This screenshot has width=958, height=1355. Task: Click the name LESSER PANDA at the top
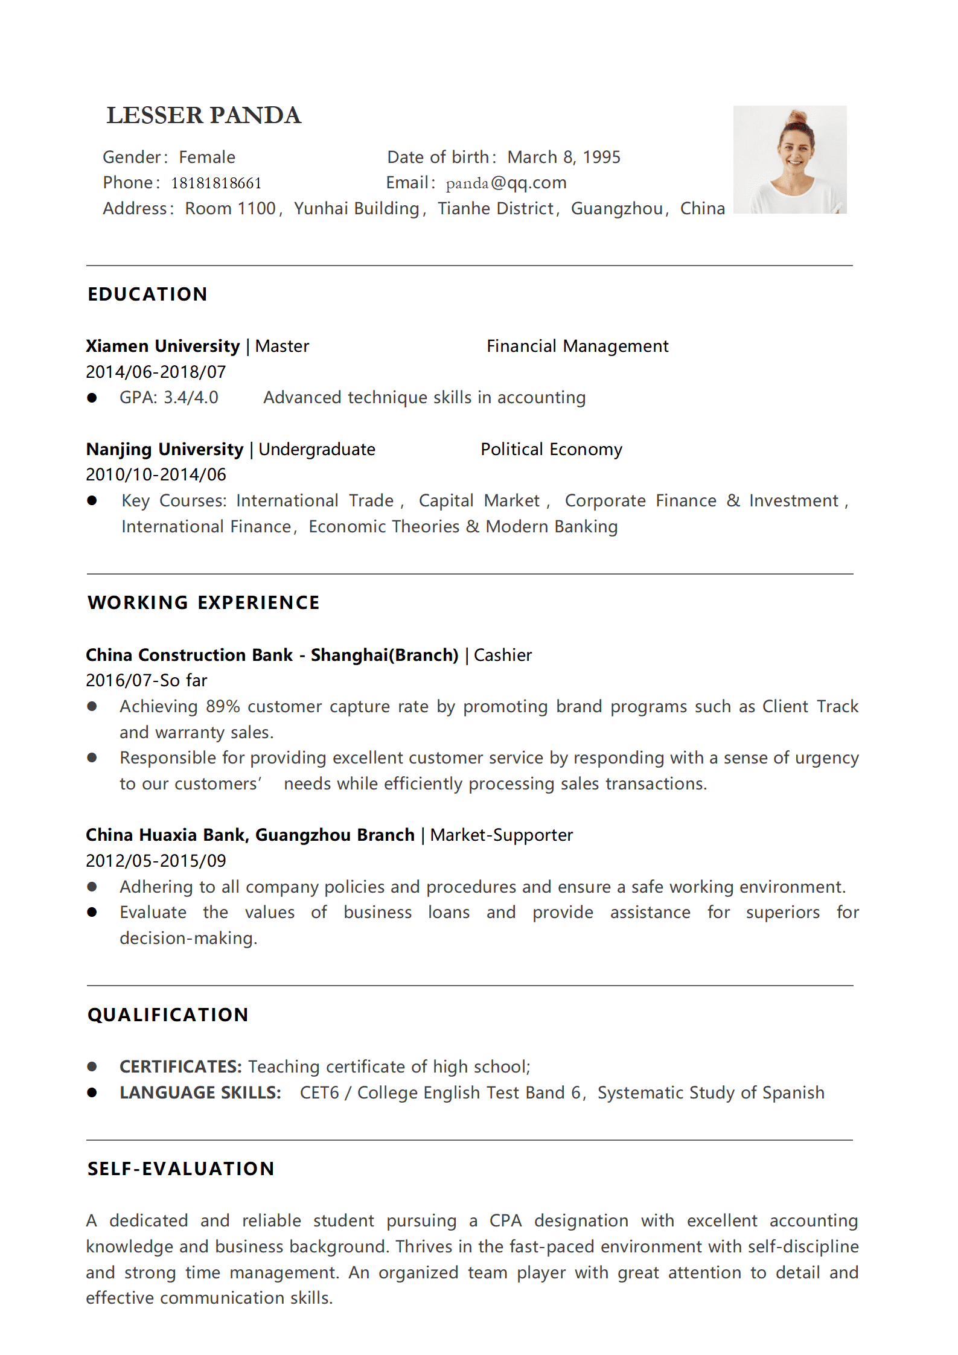click(x=203, y=115)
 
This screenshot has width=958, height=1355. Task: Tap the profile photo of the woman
click(x=790, y=160)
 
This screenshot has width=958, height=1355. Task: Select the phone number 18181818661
click(x=216, y=183)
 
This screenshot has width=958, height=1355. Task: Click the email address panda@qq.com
click(x=506, y=183)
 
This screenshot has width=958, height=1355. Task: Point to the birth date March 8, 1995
click(x=564, y=158)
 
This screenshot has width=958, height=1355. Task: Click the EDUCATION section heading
click(x=147, y=294)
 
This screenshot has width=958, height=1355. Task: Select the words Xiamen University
click(x=163, y=346)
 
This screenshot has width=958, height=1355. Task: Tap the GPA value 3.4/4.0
click(x=191, y=398)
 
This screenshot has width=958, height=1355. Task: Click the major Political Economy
click(x=551, y=450)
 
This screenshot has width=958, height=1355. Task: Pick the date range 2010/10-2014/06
click(x=156, y=475)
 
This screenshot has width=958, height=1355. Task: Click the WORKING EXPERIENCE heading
click(x=203, y=602)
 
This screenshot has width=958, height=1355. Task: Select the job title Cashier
click(x=503, y=655)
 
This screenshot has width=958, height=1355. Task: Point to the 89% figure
click(x=223, y=707)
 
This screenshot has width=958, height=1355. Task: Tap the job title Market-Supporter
click(x=501, y=835)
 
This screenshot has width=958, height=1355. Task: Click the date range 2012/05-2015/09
click(x=156, y=861)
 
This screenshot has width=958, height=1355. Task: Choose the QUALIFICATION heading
click(x=168, y=1015)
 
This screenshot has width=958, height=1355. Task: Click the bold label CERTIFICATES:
click(x=180, y=1067)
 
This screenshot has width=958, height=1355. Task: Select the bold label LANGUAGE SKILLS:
click(x=200, y=1093)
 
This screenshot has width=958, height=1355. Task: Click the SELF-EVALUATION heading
click(x=180, y=1169)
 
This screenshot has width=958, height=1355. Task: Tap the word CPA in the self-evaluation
click(x=505, y=1221)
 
